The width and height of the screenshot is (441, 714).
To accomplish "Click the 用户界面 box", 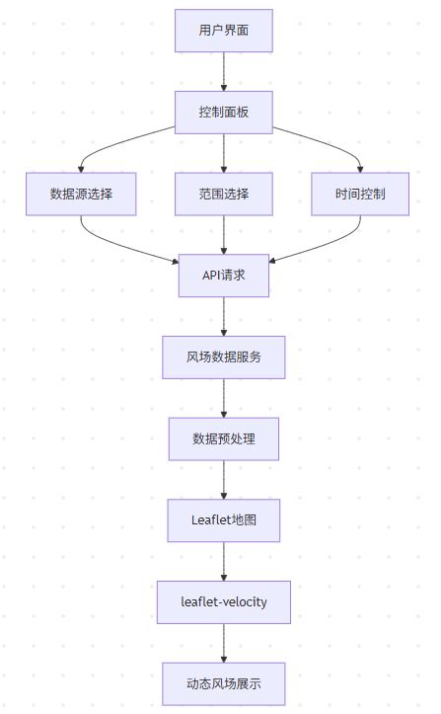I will click(x=224, y=31).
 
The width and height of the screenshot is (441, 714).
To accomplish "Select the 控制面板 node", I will click(x=224, y=113).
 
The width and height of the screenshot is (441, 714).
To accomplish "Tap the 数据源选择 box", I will click(x=81, y=195).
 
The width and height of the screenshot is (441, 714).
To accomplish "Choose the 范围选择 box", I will click(x=224, y=195).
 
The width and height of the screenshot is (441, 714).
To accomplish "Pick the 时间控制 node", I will click(x=359, y=195).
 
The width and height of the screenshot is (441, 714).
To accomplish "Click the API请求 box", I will click(x=224, y=276).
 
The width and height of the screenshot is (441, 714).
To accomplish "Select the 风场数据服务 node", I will click(x=224, y=357).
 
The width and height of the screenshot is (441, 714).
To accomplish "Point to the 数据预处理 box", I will click(x=224, y=438).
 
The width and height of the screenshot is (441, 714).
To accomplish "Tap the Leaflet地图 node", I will click(x=224, y=519).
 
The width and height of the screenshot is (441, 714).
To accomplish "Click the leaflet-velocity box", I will click(x=224, y=601).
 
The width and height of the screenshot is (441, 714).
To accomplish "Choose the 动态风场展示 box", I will click(x=224, y=682).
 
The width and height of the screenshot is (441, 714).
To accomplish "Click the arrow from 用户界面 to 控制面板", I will click(x=224, y=71).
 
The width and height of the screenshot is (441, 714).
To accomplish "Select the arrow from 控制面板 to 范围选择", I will click(x=224, y=153).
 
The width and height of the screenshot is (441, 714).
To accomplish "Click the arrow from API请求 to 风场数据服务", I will click(x=224, y=316).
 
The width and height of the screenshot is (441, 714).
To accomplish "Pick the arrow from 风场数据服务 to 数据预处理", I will click(x=224, y=397).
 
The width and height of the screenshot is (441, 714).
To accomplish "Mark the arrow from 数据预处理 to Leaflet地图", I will click(x=224, y=479).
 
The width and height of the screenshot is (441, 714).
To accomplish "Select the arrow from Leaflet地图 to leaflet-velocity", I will click(x=224, y=560).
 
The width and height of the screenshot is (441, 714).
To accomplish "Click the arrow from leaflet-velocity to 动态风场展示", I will click(x=224, y=642).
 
